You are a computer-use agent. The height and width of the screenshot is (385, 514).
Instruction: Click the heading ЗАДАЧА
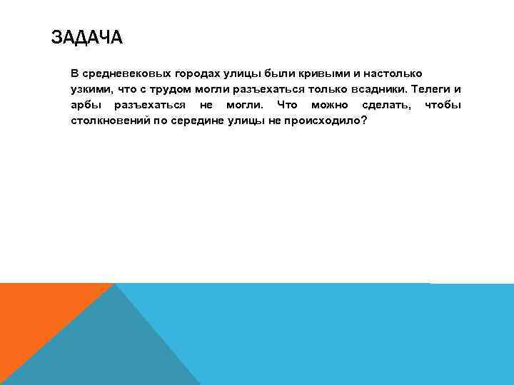point(87,36)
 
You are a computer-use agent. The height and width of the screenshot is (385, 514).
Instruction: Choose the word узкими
point(91,90)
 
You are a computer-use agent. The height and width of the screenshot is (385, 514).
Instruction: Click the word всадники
point(379,90)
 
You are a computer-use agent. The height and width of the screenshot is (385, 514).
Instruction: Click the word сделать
point(386,106)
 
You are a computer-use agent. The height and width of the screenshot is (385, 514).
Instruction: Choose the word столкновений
point(107,120)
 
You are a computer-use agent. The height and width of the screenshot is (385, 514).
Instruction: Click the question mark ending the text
point(364,120)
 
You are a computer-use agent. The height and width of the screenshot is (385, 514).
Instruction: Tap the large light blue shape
point(343,335)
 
